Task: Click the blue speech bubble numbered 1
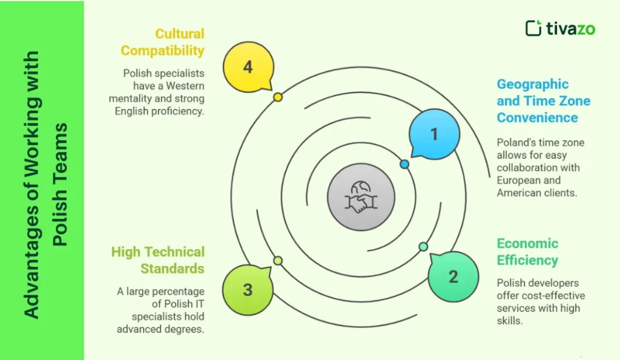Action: click(x=434, y=134)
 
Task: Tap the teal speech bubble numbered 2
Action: click(x=453, y=277)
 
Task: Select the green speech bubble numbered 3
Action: click(x=248, y=289)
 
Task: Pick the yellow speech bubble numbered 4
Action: click(x=248, y=67)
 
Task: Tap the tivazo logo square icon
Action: click(x=533, y=28)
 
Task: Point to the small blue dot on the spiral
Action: click(x=404, y=164)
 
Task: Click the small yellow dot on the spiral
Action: click(x=278, y=97)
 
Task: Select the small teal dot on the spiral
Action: click(x=423, y=246)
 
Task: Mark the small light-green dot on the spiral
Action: click(x=278, y=261)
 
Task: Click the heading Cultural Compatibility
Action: click(x=171, y=42)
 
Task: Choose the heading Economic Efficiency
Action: click(x=527, y=252)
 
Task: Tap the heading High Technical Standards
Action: click(x=158, y=260)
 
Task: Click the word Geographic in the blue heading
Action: click(x=533, y=84)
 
